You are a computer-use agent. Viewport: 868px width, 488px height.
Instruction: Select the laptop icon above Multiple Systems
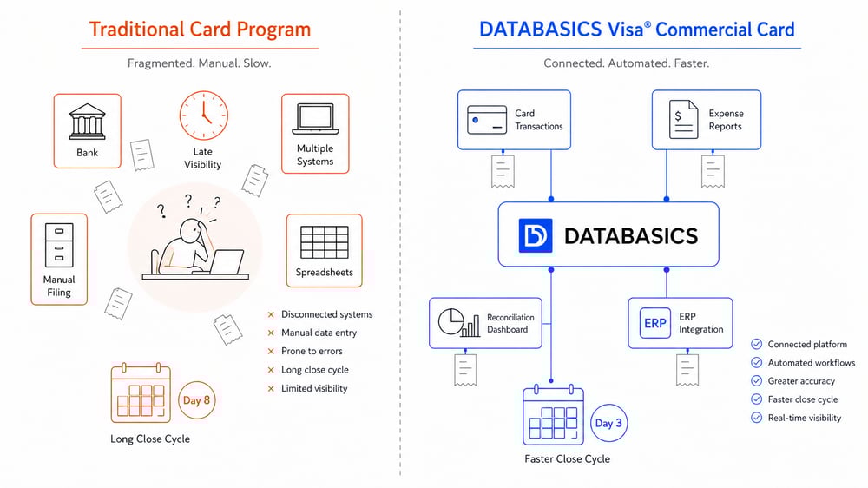coord(315,117)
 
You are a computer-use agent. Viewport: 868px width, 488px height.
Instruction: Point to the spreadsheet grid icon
coord(324,241)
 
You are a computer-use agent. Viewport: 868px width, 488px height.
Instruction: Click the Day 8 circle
coord(196,400)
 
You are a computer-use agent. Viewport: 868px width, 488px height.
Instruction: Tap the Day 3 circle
coord(608,424)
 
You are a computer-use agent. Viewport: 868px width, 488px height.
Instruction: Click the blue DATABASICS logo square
coord(536,235)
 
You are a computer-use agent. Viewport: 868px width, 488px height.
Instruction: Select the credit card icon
coord(487,119)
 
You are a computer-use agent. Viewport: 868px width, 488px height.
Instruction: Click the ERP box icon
coord(655,323)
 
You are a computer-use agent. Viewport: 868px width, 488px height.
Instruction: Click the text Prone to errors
coord(312,351)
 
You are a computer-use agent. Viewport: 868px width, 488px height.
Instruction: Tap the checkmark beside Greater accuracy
coord(756,381)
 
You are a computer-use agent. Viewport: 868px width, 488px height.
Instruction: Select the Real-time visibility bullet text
coord(805,418)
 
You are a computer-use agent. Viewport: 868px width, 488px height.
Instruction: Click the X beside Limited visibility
coord(271,388)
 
